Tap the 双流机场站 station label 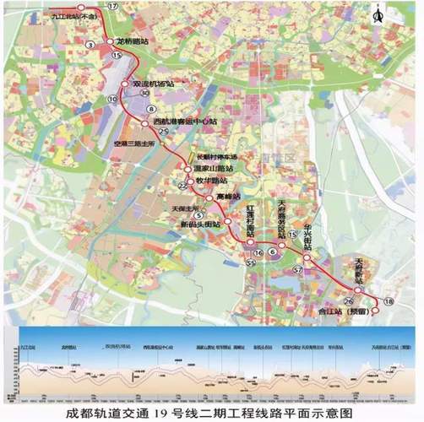pos(153,84)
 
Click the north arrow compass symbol pos(401,14)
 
